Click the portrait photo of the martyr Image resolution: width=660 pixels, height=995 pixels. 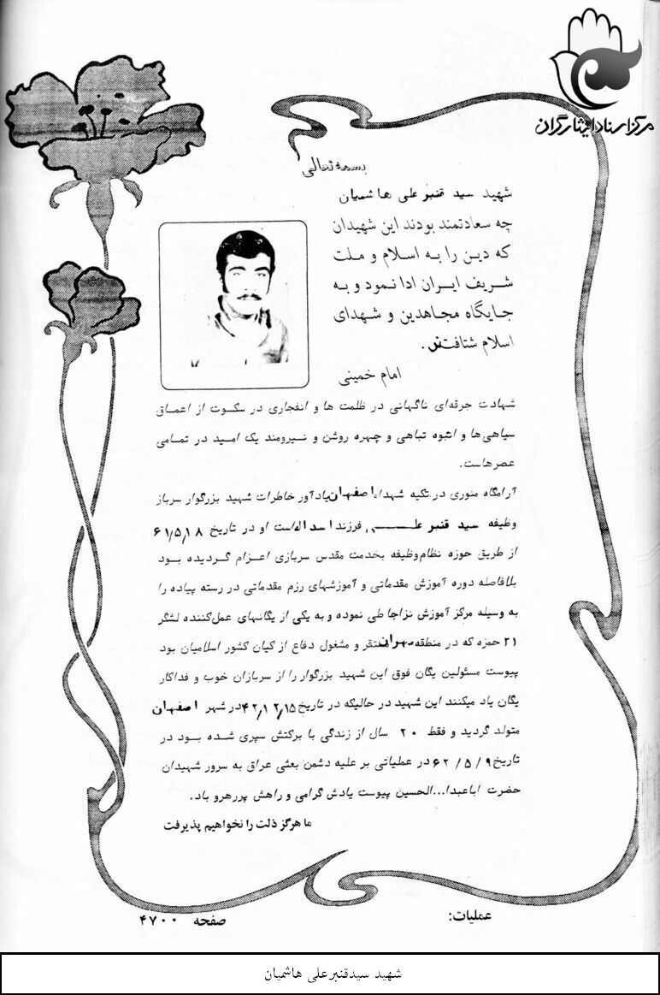pyautogui.click(x=233, y=304)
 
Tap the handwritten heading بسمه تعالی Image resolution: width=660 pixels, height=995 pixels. pyautogui.click(x=315, y=168)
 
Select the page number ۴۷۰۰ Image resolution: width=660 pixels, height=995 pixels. pyautogui.click(x=156, y=917)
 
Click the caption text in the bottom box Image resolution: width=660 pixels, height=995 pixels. pyautogui.click(x=330, y=974)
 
